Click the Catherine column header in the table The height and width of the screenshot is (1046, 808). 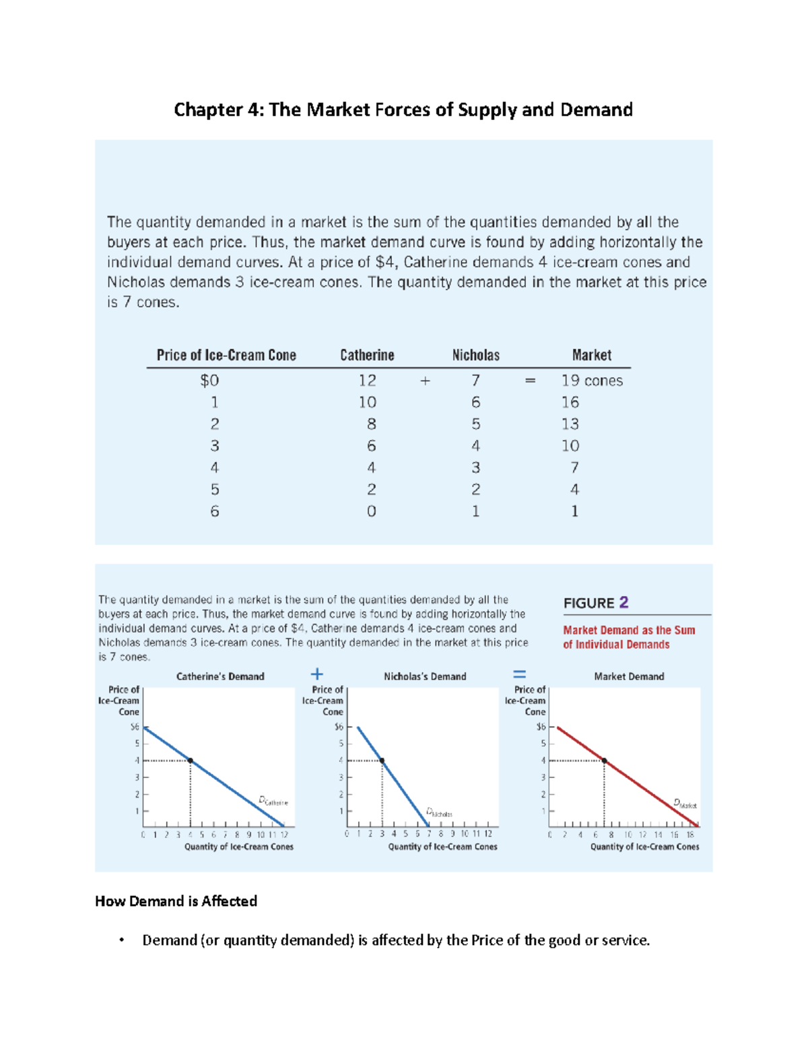point(367,355)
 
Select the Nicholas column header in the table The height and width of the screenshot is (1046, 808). point(475,355)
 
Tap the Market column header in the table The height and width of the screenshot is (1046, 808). point(591,355)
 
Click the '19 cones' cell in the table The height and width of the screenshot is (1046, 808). point(592,381)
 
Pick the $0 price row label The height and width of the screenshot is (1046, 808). point(209,381)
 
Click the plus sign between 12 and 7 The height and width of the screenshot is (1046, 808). point(425,381)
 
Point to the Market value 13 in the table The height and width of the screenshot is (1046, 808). point(570,424)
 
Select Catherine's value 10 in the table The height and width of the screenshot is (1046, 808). point(368,402)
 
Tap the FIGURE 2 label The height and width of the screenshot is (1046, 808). point(596,603)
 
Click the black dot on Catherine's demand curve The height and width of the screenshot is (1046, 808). point(191,760)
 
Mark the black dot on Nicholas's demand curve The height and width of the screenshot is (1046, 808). point(382,760)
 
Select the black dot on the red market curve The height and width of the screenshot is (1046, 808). point(605,760)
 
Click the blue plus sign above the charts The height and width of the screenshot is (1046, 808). point(316,674)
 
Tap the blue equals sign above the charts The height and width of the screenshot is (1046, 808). point(519,674)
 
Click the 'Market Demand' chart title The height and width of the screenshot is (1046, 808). point(629,676)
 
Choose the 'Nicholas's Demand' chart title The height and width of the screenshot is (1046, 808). point(425,676)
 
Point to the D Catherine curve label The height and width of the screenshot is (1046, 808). point(273,801)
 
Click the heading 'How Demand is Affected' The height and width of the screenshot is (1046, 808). point(176,901)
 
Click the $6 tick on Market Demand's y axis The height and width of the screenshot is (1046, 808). point(541,727)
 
